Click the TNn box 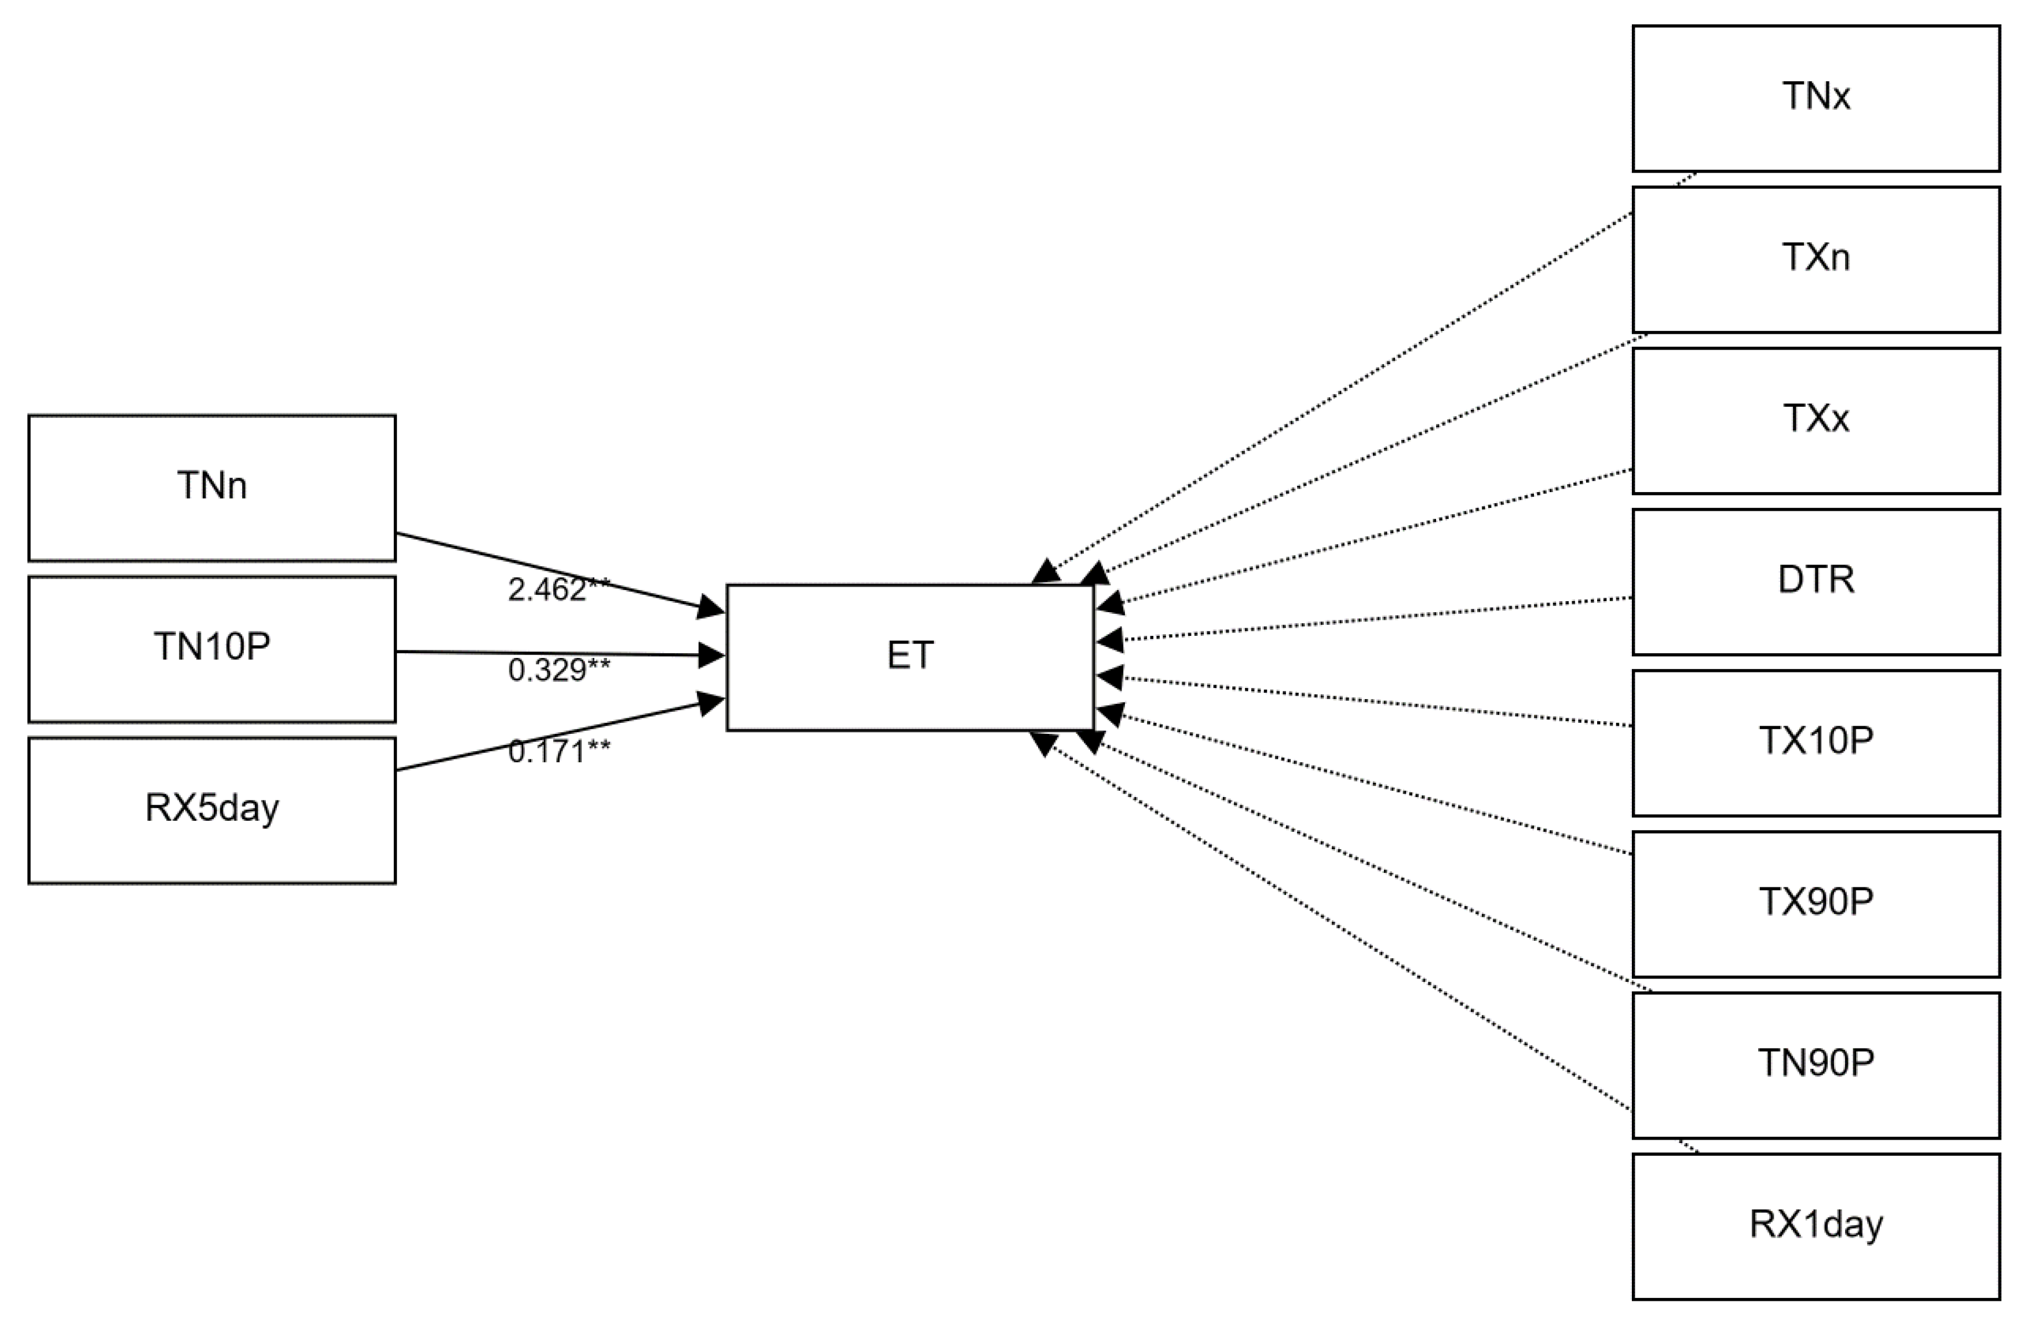tap(211, 487)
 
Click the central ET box tap(910, 656)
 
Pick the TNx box tap(1816, 97)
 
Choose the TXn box tap(1816, 259)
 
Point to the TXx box tap(1816, 420)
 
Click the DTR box tap(1816, 581)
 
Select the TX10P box tap(1816, 743)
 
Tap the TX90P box tap(1816, 904)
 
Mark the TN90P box tap(1816, 1065)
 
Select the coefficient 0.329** tap(558, 670)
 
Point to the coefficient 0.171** tap(558, 751)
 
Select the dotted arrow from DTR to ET tap(1375, 619)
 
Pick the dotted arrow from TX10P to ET tap(1375, 702)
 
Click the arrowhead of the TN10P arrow tap(711, 654)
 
